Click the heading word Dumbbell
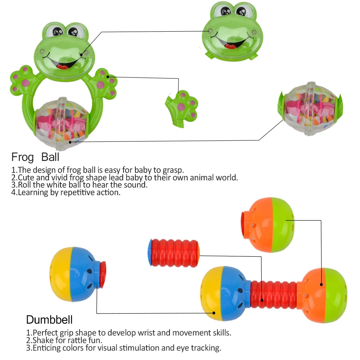coord(49,319)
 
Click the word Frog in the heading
coord(22,157)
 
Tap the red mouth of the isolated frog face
coord(229,46)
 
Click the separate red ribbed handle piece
coord(174,252)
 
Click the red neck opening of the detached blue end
coord(103,275)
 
